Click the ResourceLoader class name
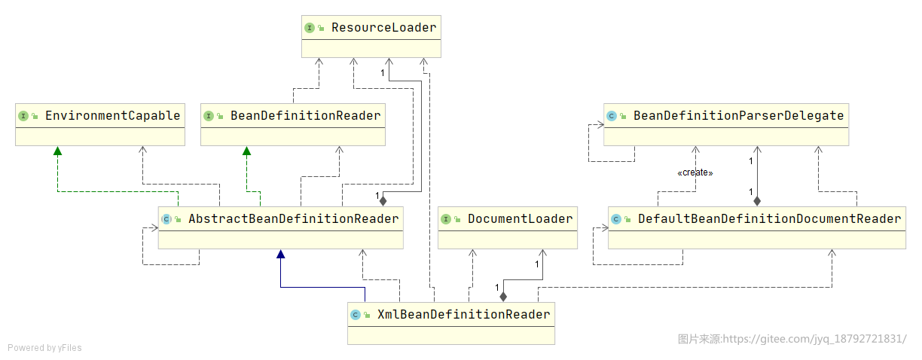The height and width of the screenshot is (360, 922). [x=383, y=28]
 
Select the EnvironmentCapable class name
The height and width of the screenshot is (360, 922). [x=113, y=116]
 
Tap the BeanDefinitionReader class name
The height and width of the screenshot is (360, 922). [x=305, y=116]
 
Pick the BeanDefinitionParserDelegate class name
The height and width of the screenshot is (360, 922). [x=738, y=116]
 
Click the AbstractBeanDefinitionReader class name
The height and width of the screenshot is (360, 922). [x=294, y=219]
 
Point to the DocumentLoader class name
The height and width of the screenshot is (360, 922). [x=521, y=219]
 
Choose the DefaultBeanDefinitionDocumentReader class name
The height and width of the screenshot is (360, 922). [x=769, y=219]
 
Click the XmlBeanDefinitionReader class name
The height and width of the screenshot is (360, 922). [x=464, y=315]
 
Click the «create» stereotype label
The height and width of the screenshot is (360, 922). [x=695, y=172]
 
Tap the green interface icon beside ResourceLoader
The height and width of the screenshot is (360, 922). [x=310, y=28]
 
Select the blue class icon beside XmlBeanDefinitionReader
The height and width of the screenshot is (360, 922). [x=356, y=315]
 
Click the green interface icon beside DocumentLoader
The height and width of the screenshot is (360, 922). [x=446, y=219]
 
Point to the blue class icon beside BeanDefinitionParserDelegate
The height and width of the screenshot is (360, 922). [x=612, y=116]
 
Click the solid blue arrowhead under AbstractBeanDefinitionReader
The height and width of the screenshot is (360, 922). [x=281, y=254]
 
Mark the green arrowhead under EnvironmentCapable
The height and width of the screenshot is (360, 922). [x=57, y=151]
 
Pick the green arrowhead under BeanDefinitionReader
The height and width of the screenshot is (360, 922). [x=246, y=151]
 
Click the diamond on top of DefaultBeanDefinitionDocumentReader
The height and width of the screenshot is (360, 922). [x=757, y=201]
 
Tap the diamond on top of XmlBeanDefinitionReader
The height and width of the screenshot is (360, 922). [x=503, y=297]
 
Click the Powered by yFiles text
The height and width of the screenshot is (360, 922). [x=44, y=348]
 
